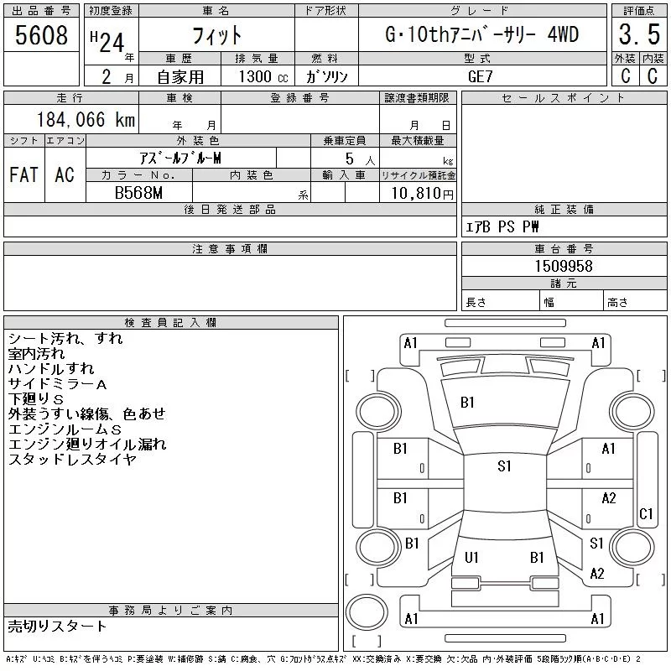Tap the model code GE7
pyautogui.click(x=481, y=75)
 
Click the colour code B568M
pyautogui.click(x=138, y=193)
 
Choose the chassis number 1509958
pyautogui.click(x=564, y=266)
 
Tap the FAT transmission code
pyautogui.click(x=23, y=174)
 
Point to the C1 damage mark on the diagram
pyautogui.click(x=646, y=514)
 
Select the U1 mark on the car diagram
pyautogui.click(x=471, y=557)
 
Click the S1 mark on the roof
pyautogui.click(x=504, y=466)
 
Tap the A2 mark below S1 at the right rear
pyautogui.click(x=597, y=574)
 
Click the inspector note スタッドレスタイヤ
pyautogui.click(x=72, y=460)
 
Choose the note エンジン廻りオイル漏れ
pyautogui.click(x=87, y=445)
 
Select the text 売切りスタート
pyautogui.click(x=57, y=626)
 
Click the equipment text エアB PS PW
pyautogui.click(x=502, y=227)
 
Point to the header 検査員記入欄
pyautogui.click(x=170, y=322)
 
